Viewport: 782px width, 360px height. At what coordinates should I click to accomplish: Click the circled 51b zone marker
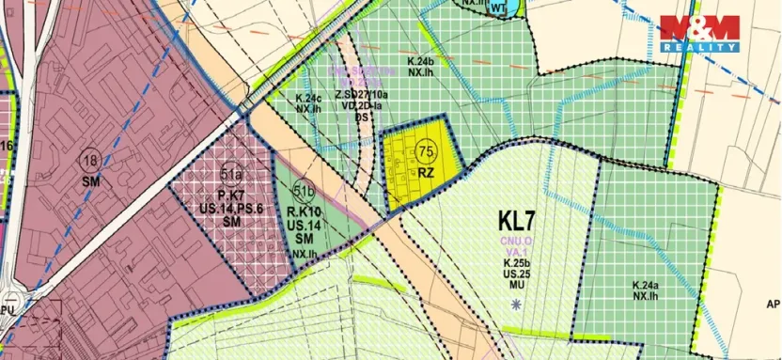click(x=303, y=193)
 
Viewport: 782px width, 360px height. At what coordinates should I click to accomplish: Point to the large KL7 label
click(x=517, y=222)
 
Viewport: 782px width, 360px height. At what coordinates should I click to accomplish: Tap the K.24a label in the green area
click(x=646, y=285)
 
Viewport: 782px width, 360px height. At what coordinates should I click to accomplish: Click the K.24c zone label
click(x=309, y=98)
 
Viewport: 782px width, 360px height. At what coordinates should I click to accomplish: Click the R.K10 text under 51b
click(x=303, y=214)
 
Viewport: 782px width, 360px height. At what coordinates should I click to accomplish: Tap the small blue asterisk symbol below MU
click(x=516, y=303)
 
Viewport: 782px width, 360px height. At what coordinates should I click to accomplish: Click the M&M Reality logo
click(x=698, y=34)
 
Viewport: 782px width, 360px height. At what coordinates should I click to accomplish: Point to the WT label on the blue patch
click(x=498, y=8)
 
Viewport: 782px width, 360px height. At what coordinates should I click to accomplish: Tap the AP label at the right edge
click(x=773, y=305)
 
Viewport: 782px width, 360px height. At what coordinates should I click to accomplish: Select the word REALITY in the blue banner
click(x=698, y=46)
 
